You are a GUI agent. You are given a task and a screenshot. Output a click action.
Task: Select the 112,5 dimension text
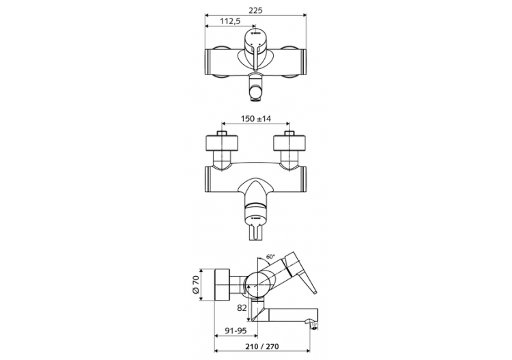tap(229, 21)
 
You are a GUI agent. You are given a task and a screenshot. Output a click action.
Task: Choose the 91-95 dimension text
tap(236, 332)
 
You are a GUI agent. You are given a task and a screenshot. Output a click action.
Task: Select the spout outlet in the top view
tap(256, 87)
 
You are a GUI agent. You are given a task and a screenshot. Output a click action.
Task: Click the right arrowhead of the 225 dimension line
tap(306, 15)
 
